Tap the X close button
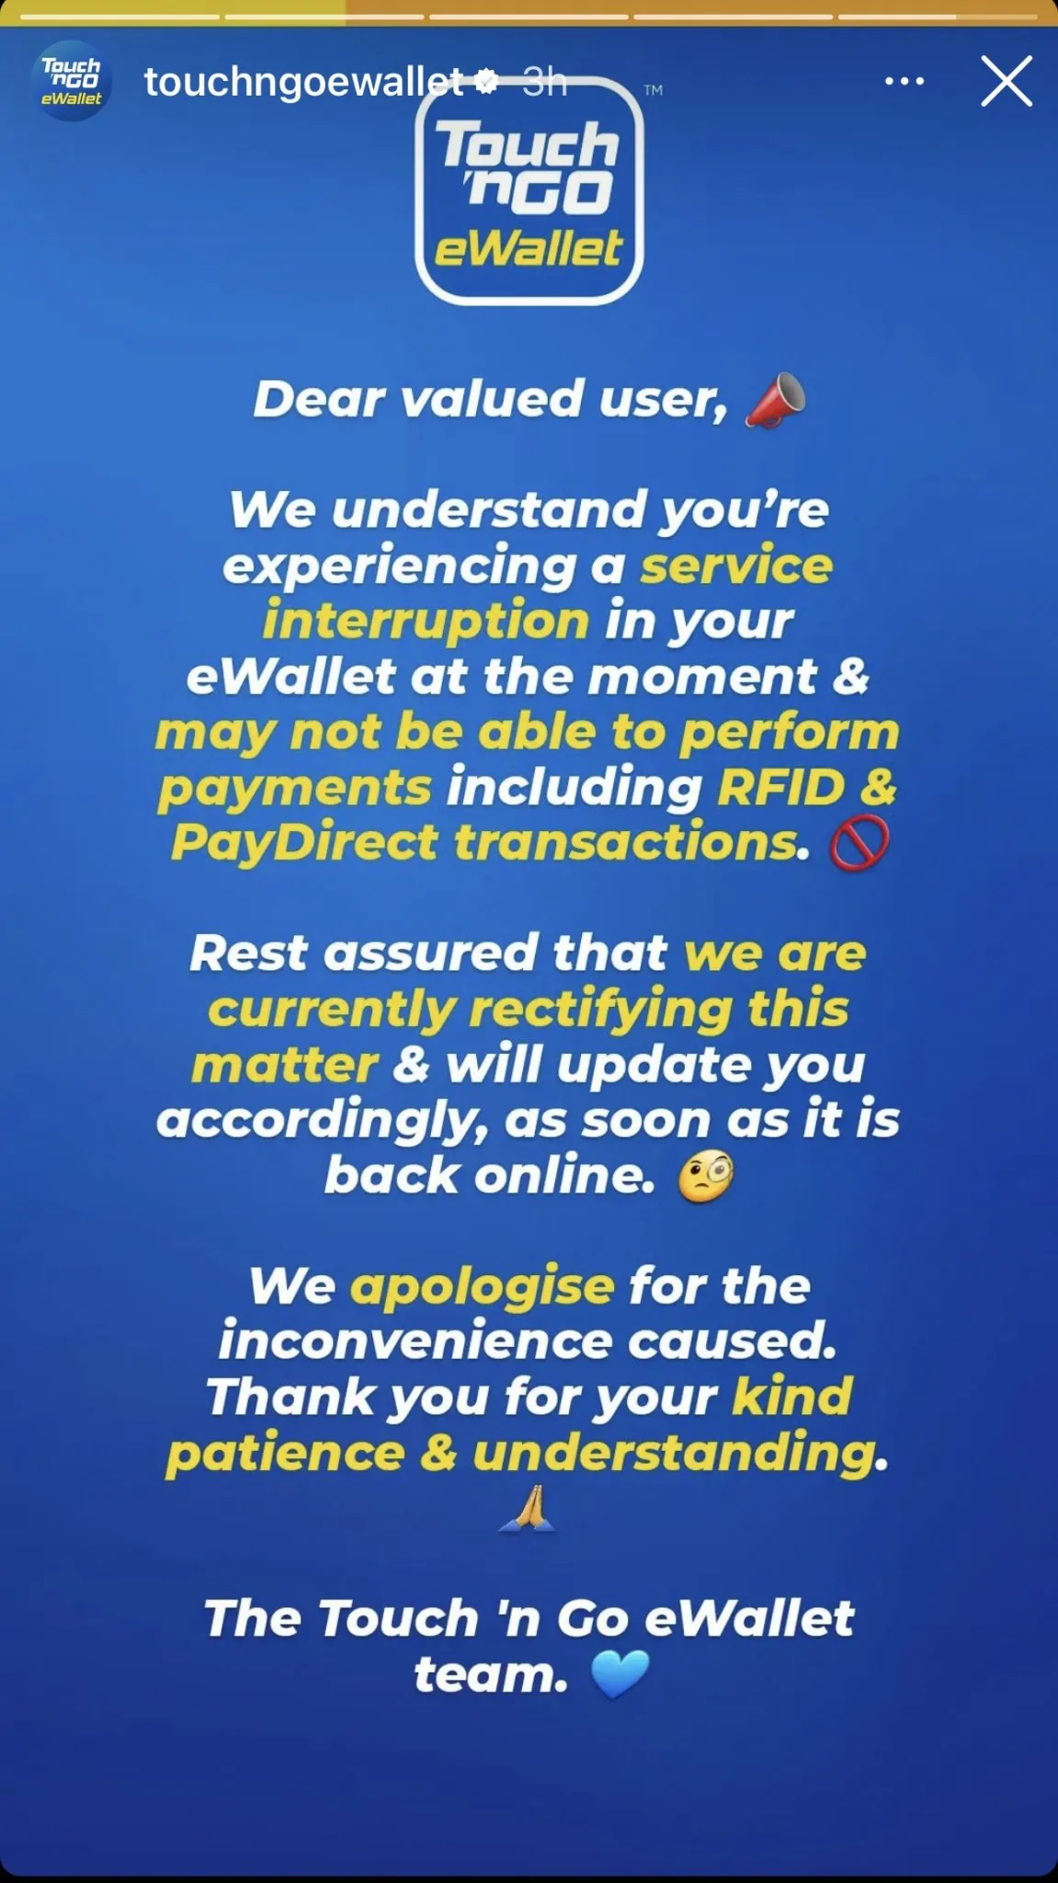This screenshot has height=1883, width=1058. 1007,81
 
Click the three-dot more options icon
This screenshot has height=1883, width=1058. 904,82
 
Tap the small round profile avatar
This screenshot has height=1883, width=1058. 72,81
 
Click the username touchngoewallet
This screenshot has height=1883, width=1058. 304,82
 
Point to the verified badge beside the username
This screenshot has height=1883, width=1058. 486,82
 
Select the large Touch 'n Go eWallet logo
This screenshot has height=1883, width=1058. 529,191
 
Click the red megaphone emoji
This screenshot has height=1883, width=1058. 775,401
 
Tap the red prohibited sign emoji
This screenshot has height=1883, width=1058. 859,843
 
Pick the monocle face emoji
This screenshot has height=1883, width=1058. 705,1177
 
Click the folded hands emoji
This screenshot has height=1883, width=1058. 528,1509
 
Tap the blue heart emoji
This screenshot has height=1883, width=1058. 620,1674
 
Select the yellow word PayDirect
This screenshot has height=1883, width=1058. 304,843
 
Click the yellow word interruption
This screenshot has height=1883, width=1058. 426,620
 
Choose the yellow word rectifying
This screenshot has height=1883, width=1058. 600,1009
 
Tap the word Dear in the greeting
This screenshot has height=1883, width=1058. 319,400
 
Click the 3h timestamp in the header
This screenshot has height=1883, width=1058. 545,82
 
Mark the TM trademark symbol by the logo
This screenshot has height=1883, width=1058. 654,90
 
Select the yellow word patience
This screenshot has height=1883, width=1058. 285,1454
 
